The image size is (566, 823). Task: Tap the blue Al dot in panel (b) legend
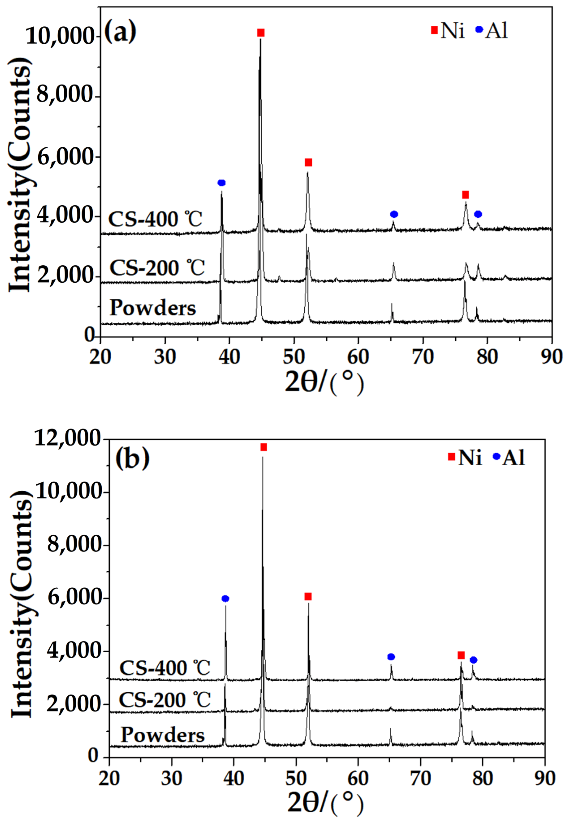point(496,456)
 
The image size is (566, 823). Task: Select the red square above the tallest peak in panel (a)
point(261,33)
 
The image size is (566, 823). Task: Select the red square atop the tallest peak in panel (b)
point(263,447)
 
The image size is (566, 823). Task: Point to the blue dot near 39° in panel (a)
point(222,183)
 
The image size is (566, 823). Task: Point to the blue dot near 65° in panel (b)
point(391,657)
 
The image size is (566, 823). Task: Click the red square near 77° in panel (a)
point(465,195)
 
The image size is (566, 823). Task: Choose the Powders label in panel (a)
point(153,307)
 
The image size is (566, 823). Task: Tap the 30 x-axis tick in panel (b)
point(171,778)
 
